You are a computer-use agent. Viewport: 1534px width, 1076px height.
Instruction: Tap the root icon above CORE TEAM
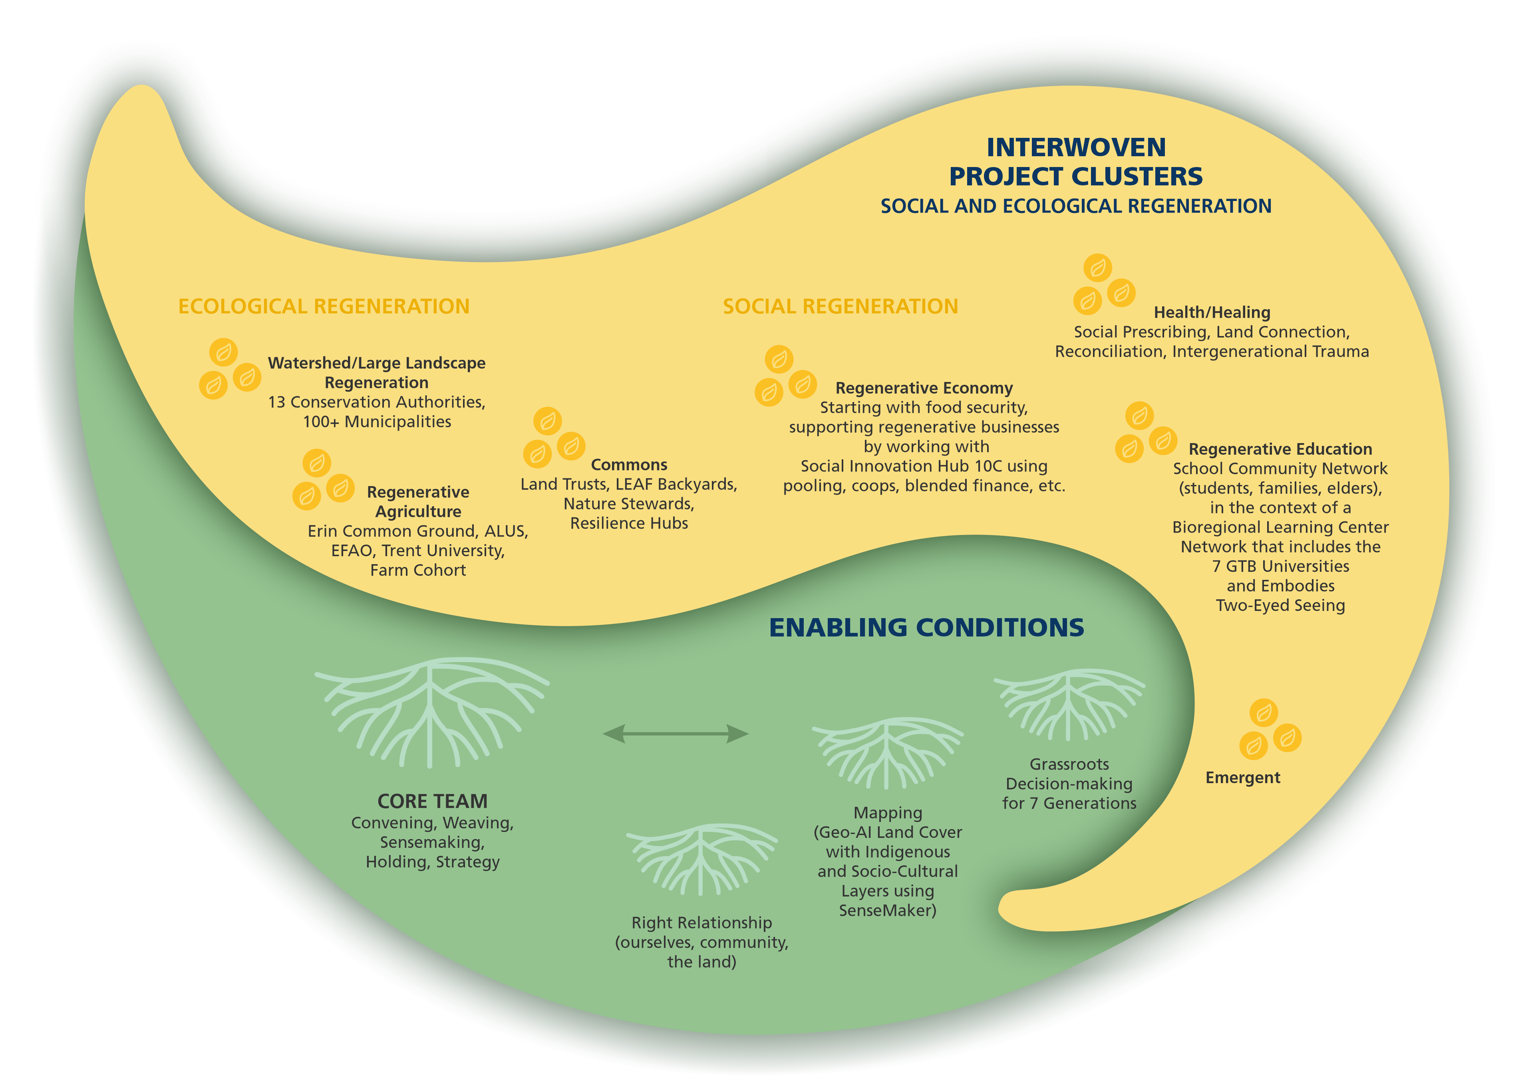click(431, 711)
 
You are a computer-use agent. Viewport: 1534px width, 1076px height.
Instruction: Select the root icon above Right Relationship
click(701, 859)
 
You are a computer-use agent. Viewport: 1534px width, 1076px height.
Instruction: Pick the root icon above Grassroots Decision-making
click(1069, 705)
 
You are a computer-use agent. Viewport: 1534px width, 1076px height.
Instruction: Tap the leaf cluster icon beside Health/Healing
click(1104, 284)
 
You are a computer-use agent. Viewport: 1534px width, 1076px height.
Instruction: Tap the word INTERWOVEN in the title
click(1076, 147)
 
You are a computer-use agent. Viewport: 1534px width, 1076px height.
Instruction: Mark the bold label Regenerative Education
click(1280, 449)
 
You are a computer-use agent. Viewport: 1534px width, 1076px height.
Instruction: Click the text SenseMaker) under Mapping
click(887, 910)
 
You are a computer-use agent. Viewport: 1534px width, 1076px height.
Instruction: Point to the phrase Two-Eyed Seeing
click(1280, 605)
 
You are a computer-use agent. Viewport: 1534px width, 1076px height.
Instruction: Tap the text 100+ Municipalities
click(377, 422)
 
